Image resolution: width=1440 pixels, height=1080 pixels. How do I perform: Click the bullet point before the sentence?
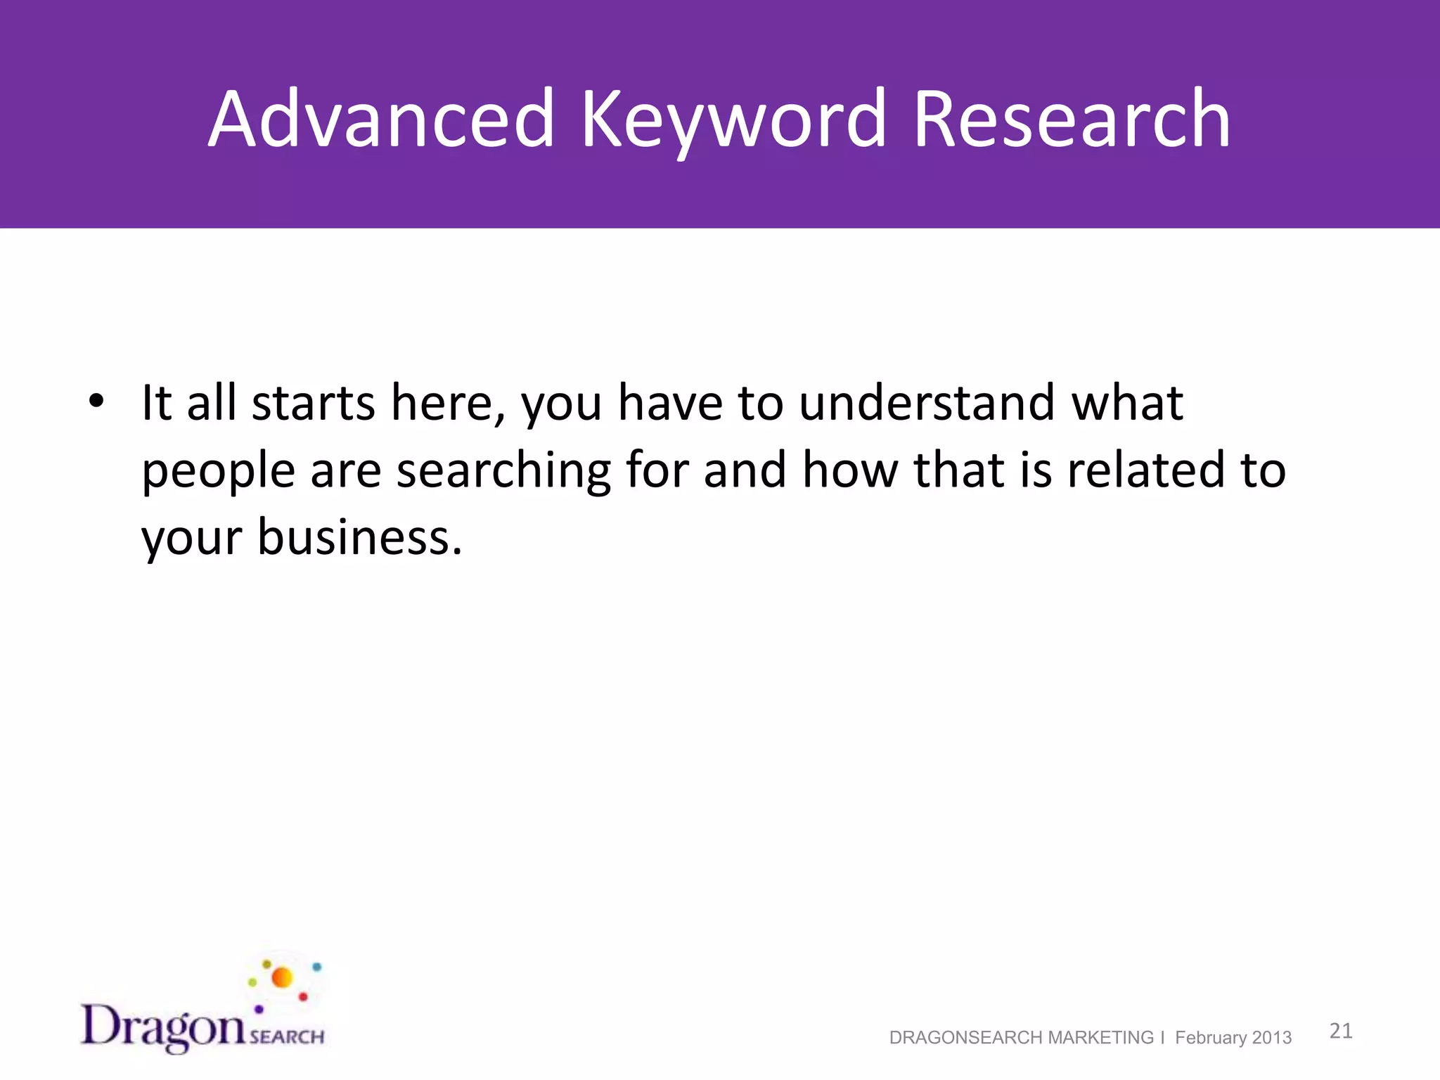tap(96, 402)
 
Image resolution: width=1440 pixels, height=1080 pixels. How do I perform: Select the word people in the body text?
tap(218, 471)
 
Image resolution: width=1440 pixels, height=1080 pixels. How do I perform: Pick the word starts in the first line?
tap(313, 404)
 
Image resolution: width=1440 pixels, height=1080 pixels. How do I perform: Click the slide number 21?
tap(1341, 1031)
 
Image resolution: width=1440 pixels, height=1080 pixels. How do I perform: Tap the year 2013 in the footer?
tap(1272, 1038)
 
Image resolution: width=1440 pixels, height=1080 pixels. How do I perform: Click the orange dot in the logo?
tap(282, 977)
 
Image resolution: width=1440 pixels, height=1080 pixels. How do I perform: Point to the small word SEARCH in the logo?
tap(287, 1036)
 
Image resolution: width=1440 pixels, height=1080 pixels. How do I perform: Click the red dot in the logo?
tap(303, 996)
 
